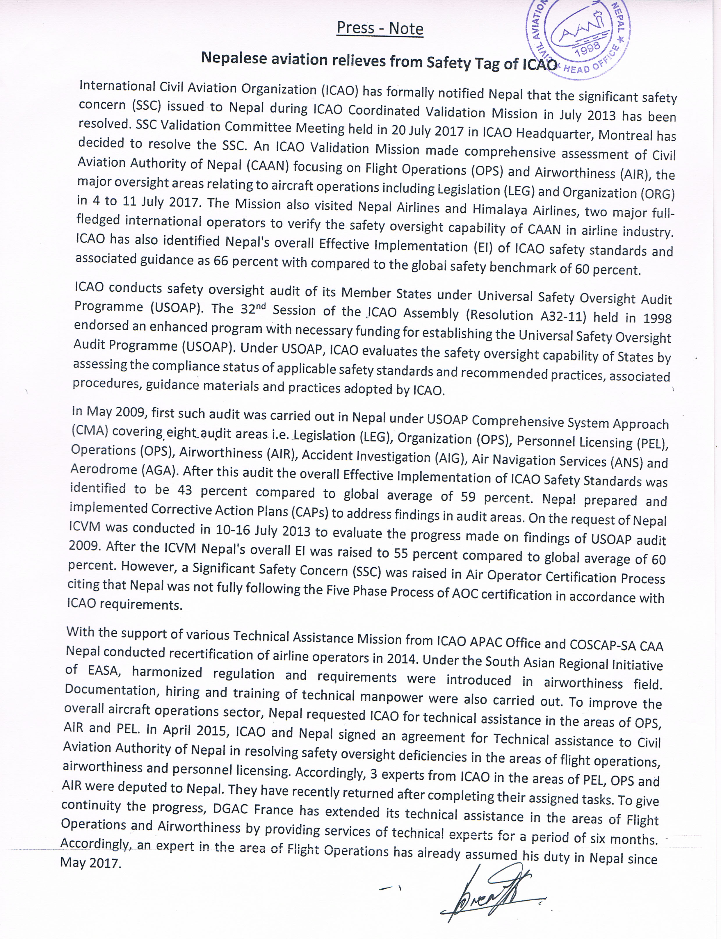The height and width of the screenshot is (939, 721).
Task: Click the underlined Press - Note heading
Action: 380,28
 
